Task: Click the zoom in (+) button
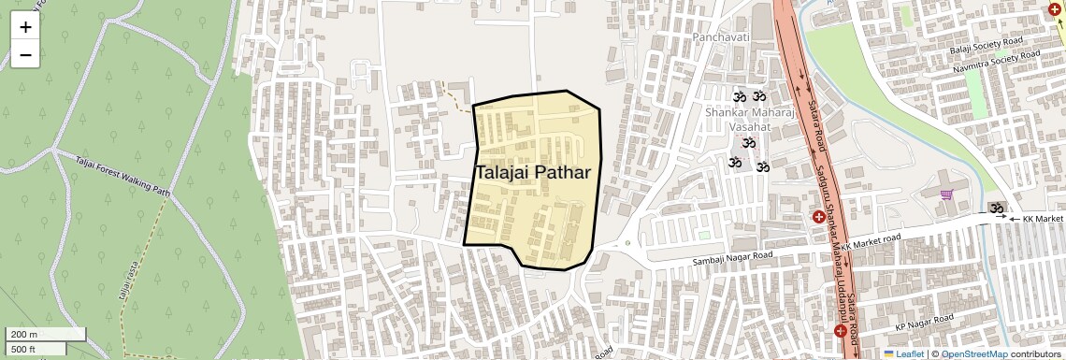tap(25, 27)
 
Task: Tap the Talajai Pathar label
tap(532, 173)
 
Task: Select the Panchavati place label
tap(721, 37)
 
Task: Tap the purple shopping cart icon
tap(947, 194)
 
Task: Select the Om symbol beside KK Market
tap(997, 208)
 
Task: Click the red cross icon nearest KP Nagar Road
tap(841, 332)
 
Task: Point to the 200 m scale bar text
tap(24, 335)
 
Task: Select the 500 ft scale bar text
tap(23, 350)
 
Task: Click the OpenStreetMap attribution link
tap(973, 354)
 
